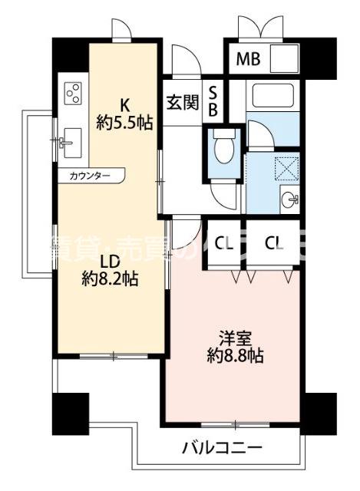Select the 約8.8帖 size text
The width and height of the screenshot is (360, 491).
[x=235, y=356]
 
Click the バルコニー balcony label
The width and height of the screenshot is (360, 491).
[x=223, y=447]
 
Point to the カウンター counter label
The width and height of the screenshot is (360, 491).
[x=89, y=176]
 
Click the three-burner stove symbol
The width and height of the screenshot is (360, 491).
[x=74, y=93]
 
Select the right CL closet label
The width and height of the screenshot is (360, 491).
[x=274, y=244]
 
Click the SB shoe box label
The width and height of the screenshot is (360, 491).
[x=214, y=102]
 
